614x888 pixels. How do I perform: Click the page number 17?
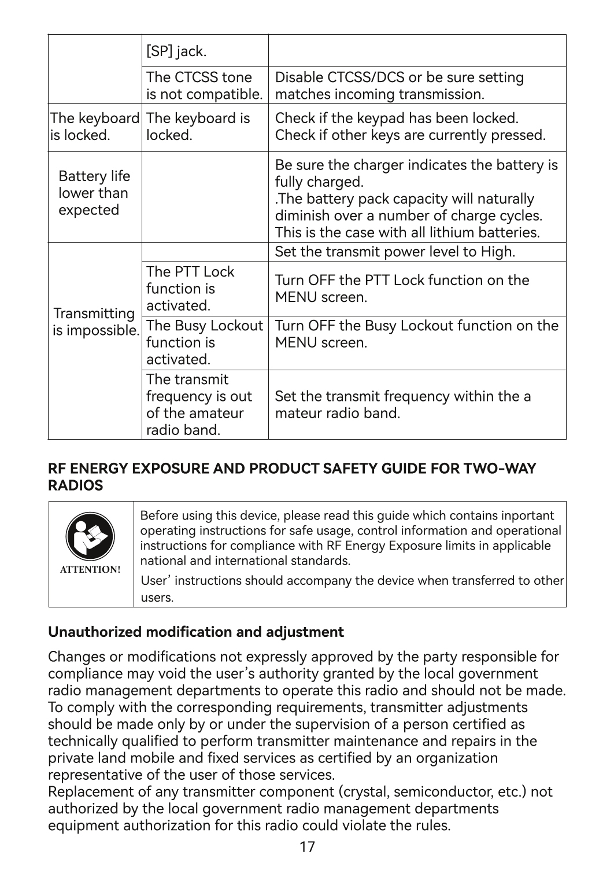[x=307, y=848]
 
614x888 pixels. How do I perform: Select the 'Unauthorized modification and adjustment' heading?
[x=195, y=632]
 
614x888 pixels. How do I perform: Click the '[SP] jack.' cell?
[x=176, y=52]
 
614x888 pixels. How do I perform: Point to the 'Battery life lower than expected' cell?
[x=94, y=193]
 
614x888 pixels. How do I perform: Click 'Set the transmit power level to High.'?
[x=395, y=252]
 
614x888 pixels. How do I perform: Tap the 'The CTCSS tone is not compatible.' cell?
[x=204, y=86]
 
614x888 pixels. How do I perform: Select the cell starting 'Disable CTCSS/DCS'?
[x=400, y=86]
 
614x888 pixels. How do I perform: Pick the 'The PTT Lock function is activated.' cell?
[x=190, y=288]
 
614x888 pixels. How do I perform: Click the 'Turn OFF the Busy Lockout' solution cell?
[x=416, y=334]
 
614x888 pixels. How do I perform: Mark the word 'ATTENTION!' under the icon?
[x=91, y=569]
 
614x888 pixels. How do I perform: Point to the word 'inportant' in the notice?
[x=527, y=515]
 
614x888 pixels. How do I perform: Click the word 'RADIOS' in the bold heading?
[x=76, y=486]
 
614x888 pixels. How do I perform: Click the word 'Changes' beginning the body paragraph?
[x=73, y=657]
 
